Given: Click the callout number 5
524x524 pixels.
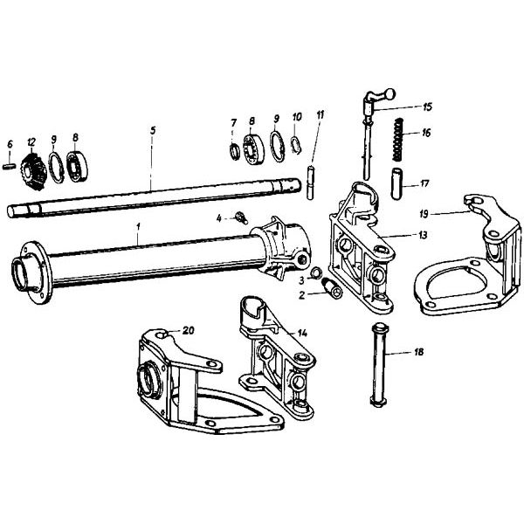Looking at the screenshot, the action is [153, 130].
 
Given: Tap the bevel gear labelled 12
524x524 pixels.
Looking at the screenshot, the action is [34, 171].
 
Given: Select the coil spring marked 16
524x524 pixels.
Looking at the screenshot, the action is [396, 141].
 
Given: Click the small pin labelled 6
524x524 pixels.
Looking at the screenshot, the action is [10, 166].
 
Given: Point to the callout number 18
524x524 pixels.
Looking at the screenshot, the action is [418, 352].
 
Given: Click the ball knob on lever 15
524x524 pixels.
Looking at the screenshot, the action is [390, 93].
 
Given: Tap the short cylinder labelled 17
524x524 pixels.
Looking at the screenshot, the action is [396, 183].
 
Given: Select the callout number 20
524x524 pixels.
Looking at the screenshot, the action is [188, 330].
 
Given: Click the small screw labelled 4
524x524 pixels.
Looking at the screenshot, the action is [241, 217].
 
